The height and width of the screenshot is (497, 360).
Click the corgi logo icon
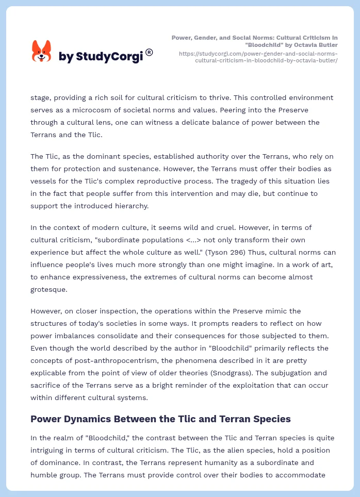point(42,52)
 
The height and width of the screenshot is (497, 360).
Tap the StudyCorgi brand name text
point(101,57)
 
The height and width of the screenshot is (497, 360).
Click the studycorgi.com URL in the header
point(258,57)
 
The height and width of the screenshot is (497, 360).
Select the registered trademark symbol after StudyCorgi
point(149,52)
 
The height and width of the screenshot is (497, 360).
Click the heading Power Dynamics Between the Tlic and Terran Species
point(160,419)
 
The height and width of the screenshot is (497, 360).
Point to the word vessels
point(44,181)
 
